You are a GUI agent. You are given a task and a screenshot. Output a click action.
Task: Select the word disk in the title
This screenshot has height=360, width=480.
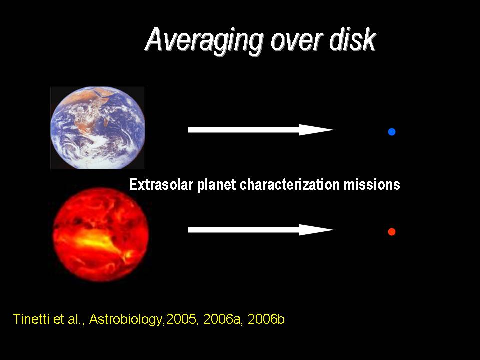point(352,39)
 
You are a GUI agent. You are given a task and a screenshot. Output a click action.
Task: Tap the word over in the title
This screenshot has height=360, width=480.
point(296,42)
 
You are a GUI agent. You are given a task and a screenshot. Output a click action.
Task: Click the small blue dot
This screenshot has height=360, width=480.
point(392,132)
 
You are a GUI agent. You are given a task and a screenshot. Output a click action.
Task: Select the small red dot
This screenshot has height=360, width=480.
point(392,232)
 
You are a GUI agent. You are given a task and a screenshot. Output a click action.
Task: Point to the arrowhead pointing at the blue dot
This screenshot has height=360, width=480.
point(316,130)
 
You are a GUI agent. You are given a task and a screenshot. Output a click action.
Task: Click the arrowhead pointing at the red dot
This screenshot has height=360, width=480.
point(316,230)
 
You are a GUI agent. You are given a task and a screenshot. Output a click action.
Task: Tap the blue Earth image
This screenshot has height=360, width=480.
point(97,128)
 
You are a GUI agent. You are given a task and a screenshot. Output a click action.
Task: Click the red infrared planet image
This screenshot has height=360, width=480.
point(101,235)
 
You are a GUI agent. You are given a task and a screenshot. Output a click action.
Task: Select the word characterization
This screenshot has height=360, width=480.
point(289,185)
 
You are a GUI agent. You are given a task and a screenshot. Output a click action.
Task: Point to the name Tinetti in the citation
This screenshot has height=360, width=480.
point(31,319)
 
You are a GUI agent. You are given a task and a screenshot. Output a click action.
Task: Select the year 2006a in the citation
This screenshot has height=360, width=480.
point(223,319)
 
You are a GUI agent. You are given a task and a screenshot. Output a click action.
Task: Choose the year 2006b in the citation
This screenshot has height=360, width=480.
point(266,319)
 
